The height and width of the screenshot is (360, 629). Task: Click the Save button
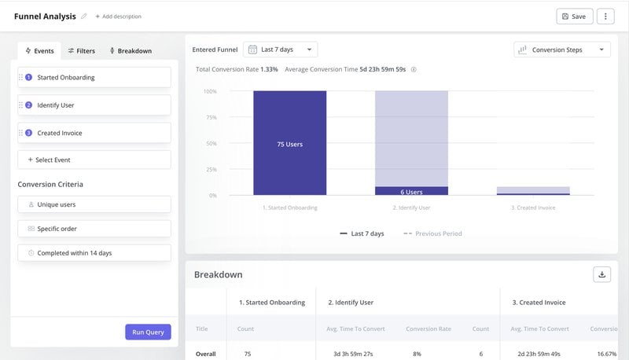click(574, 17)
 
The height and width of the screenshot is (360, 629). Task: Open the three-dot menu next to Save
click(605, 17)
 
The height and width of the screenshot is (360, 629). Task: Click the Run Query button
click(148, 332)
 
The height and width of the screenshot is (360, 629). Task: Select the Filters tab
click(81, 51)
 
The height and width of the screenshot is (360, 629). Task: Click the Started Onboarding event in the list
click(94, 77)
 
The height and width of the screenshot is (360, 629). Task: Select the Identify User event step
click(94, 105)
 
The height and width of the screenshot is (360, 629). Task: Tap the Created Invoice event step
click(94, 133)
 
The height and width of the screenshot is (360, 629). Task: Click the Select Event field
click(94, 160)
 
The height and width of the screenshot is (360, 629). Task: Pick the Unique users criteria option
click(94, 204)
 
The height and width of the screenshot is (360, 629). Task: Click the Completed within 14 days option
click(94, 253)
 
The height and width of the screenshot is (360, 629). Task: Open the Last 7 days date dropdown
click(281, 50)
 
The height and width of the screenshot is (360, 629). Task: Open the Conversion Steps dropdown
click(562, 50)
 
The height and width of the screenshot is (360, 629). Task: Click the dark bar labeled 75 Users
click(289, 144)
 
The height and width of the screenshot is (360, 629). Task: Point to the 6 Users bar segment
click(411, 191)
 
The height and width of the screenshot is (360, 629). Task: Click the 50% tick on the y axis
click(210, 144)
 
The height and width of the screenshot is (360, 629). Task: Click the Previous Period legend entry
click(433, 233)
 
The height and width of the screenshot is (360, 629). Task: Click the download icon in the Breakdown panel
click(601, 274)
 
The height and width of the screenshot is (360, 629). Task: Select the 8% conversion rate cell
click(417, 354)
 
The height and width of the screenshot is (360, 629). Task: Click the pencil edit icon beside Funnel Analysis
click(84, 17)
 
